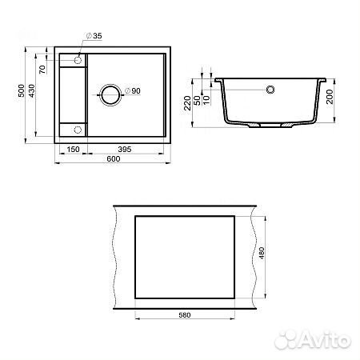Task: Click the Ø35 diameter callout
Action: click(x=94, y=36)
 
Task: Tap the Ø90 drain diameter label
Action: click(x=133, y=90)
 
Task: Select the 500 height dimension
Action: click(x=21, y=90)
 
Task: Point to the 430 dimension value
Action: click(x=31, y=90)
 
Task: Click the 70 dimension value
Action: click(x=42, y=70)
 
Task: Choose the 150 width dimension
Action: click(x=73, y=150)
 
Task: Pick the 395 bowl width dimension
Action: click(x=125, y=150)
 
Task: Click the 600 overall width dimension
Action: click(x=114, y=158)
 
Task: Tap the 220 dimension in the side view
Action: click(x=187, y=103)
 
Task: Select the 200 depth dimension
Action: click(x=330, y=97)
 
